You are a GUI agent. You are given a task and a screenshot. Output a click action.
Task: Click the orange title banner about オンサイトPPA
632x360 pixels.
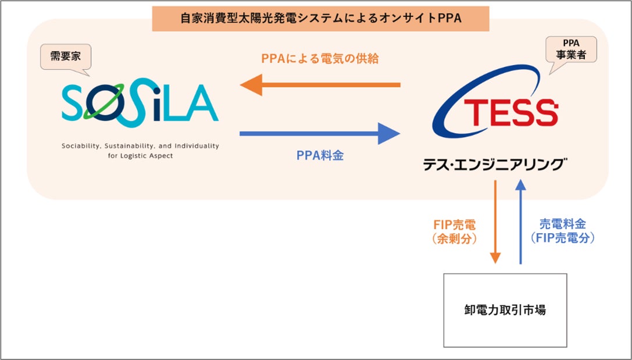[x=320, y=19]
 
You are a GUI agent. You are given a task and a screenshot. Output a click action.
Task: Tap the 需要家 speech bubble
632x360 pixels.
[x=66, y=57]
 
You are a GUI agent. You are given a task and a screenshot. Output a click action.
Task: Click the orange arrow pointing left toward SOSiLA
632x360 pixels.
[x=320, y=85]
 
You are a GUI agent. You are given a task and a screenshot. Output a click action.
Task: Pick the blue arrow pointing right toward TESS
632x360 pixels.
[x=320, y=133]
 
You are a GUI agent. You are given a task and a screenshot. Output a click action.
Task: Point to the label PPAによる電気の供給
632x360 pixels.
[x=320, y=59]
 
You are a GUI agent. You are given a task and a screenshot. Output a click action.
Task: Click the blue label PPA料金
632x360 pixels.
[x=320, y=156]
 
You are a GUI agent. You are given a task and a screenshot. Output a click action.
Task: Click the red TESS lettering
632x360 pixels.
[x=511, y=113]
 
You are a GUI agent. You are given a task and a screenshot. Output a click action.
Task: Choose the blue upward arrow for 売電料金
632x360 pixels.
[x=521, y=222]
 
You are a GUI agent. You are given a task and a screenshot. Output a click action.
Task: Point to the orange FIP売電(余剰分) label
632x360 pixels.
[x=454, y=232]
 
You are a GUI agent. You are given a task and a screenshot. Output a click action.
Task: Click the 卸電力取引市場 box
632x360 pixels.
[x=505, y=311]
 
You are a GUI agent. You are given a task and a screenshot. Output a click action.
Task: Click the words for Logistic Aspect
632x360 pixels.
[x=141, y=156]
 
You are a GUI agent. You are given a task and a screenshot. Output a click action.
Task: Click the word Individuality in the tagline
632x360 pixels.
[x=197, y=146]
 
